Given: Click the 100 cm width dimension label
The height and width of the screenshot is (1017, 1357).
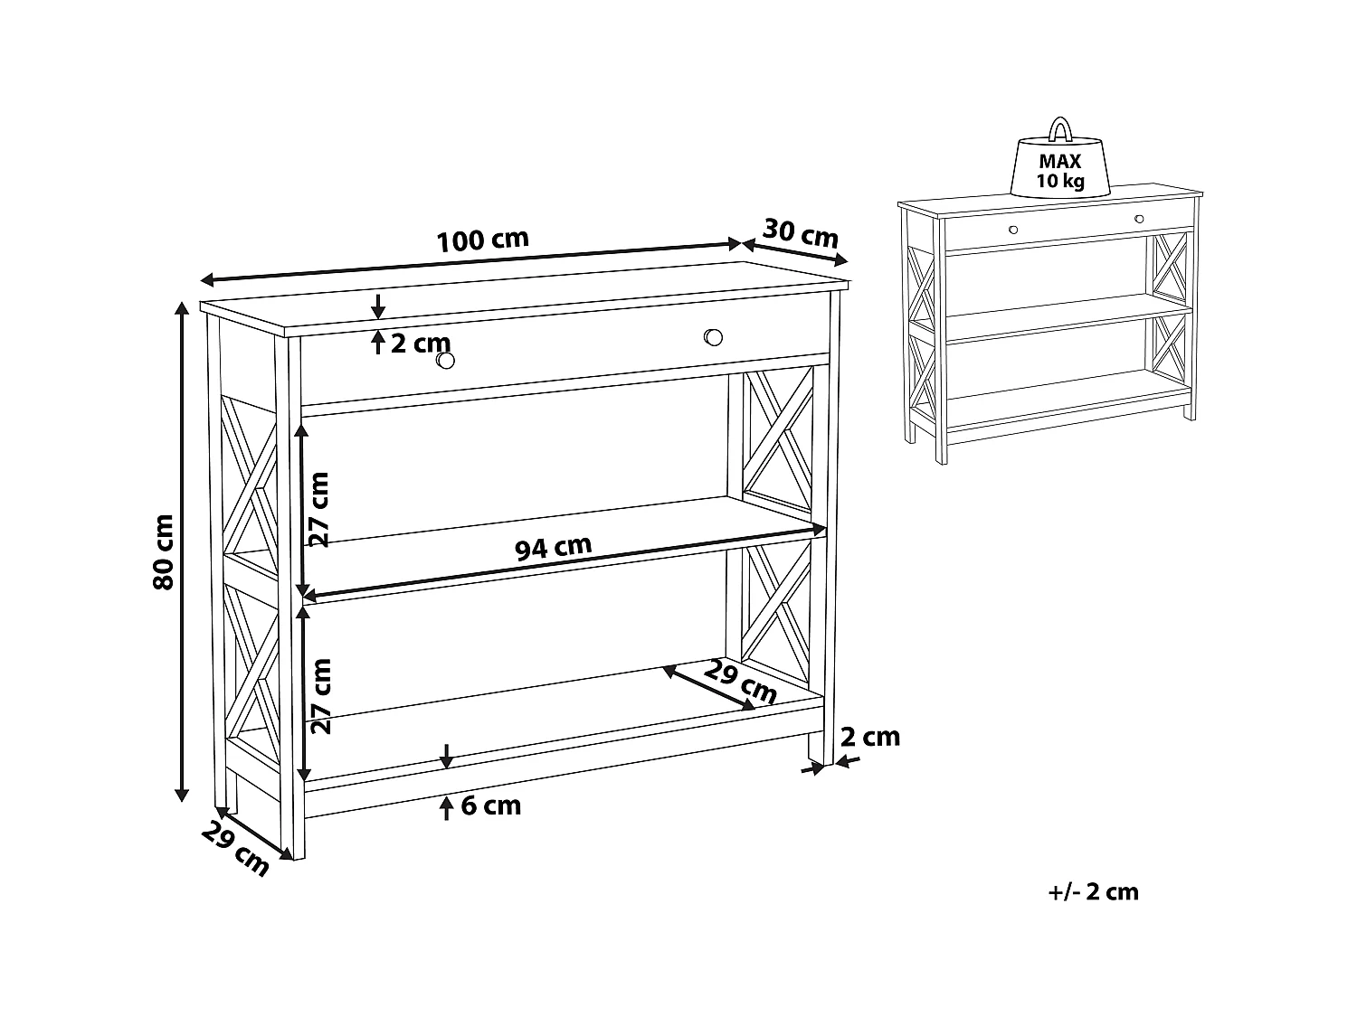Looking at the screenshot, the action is pos(483,240).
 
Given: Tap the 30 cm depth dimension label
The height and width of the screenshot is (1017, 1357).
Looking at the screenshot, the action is pos(801,233).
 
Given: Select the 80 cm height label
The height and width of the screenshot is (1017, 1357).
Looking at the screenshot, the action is pos(164,552).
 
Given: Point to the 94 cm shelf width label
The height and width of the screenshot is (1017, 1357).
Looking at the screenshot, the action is pos(554,547).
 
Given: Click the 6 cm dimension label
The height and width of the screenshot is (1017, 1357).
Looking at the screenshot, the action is pos(491,805).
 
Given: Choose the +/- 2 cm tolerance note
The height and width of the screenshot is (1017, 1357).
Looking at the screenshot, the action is pos(1094,892).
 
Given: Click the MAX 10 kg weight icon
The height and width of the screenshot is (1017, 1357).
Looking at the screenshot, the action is pos(1060,158).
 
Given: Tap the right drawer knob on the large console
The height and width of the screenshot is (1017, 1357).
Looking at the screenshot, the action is pos(713,337).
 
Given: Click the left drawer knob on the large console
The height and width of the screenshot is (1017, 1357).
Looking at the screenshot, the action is pos(445,361).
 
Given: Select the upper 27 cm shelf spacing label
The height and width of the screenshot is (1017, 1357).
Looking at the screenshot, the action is pos(319,510).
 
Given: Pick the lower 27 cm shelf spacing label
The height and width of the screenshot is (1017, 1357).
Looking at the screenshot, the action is pos(321,696).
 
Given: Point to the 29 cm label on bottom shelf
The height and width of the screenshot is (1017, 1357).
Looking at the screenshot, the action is pos(740,683).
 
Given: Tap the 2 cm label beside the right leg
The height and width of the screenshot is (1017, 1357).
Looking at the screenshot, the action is pos(870,737).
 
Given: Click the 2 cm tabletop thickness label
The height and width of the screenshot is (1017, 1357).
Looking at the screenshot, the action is pos(421,344).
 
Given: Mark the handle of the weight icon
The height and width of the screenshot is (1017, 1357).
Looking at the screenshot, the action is pos(1061,129).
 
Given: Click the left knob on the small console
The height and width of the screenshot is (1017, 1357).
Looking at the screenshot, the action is pos(1013,230).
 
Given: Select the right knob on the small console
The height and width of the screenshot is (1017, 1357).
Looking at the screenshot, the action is pos(1139,219).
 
